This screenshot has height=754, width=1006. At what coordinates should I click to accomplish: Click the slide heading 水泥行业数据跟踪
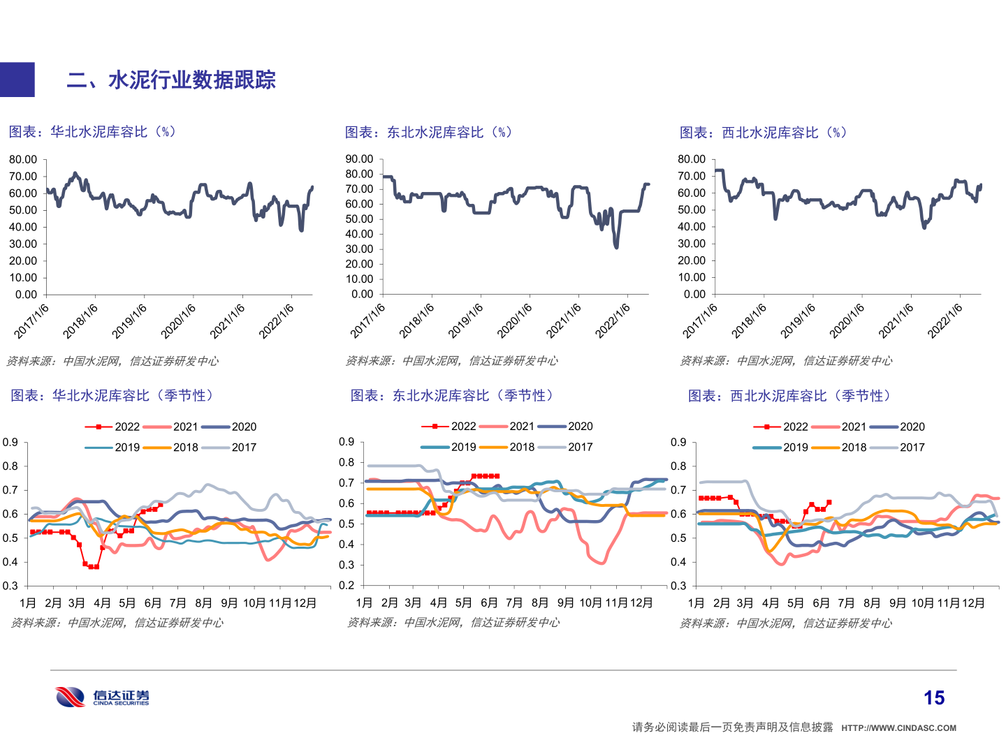tap(171, 80)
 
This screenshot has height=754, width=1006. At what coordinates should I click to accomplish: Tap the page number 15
tap(933, 697)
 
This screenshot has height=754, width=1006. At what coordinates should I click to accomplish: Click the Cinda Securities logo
tap(102, 697)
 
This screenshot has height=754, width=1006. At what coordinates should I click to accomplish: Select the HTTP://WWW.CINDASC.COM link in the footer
tap(898, 727)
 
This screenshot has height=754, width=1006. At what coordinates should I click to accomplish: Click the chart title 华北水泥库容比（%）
tap(92, 132)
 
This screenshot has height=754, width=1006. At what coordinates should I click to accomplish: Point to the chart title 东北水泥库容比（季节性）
tap(452, 396)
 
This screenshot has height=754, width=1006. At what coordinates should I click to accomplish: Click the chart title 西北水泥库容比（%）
tap(763, 133)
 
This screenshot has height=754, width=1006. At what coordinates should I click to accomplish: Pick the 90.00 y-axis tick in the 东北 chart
tap(359, 159)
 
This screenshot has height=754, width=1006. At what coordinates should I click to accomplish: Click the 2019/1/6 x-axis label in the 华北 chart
tap(130, 321)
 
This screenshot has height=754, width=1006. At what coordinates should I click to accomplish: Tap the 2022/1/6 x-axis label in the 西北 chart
tap(945, 321)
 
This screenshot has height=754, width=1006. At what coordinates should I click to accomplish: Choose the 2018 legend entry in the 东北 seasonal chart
tap(521, 447)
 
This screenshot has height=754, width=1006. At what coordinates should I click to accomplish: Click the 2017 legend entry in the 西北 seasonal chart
tap(912, 447)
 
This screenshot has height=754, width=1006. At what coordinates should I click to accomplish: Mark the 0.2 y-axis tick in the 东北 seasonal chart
tap(347, 585)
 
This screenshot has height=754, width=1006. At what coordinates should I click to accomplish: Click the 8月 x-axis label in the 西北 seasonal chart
tap(871, 603)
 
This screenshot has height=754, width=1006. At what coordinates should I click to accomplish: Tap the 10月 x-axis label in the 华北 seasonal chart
tap(254, 603)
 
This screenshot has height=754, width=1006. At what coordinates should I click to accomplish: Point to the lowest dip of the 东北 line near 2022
tap(615, 246)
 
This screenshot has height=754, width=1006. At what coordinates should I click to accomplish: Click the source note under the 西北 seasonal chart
tap(785, 623)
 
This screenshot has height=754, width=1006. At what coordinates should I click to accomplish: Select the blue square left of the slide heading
tap(17, 80)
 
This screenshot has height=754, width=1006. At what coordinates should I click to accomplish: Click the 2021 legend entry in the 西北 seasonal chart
tap(853, 427)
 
